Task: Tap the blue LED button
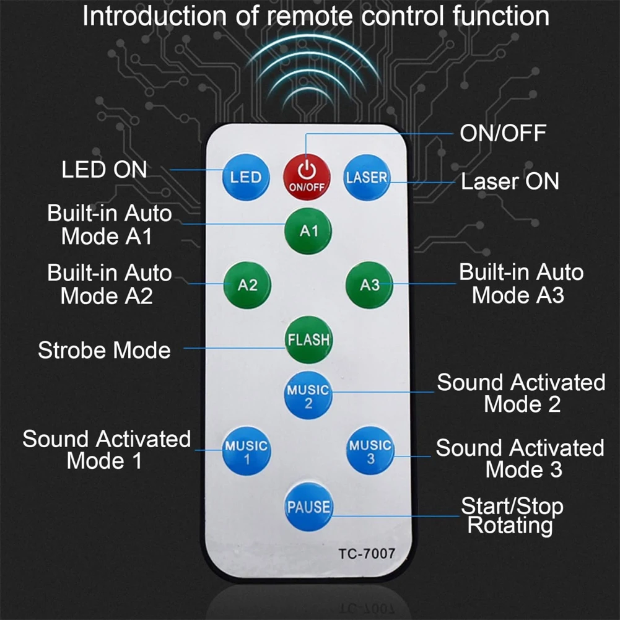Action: coord(246,177)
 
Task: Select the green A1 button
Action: coord(308,230)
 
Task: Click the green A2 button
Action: coord(247,285)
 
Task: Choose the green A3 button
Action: coord(370,285)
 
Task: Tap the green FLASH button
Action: coord(308,339)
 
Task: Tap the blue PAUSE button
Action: coord(308,506)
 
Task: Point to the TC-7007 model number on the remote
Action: coord(366,554)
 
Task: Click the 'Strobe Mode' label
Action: coord(104,350)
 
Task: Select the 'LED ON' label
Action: coord(104,170)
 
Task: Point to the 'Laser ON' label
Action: coord(510,181)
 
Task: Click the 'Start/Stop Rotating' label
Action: coord(512,516)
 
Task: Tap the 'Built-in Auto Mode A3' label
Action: coord(520,283)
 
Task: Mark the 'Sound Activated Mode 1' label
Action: coord(106,449)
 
